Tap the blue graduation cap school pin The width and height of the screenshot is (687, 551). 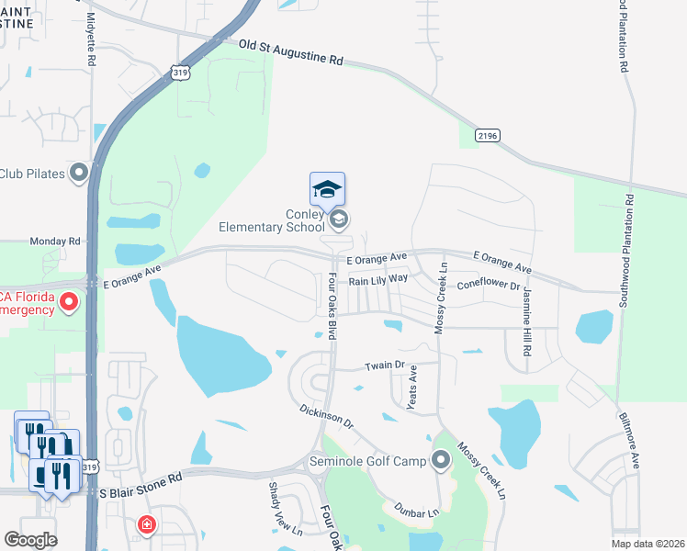click(327, 190)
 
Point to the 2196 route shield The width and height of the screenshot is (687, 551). click(488, 135)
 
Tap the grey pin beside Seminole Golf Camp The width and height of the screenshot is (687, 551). click(441, 459)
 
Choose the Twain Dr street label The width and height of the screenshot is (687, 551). click(385, 365)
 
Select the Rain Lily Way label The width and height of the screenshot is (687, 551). click(377, 279)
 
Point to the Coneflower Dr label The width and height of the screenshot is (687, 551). click(488, 284)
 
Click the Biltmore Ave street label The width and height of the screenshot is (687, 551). click(633, 445)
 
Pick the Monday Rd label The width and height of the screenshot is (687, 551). click(55, 242)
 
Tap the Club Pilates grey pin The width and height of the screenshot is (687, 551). click(80, 172)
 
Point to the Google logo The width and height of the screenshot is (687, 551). click(30, 540)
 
